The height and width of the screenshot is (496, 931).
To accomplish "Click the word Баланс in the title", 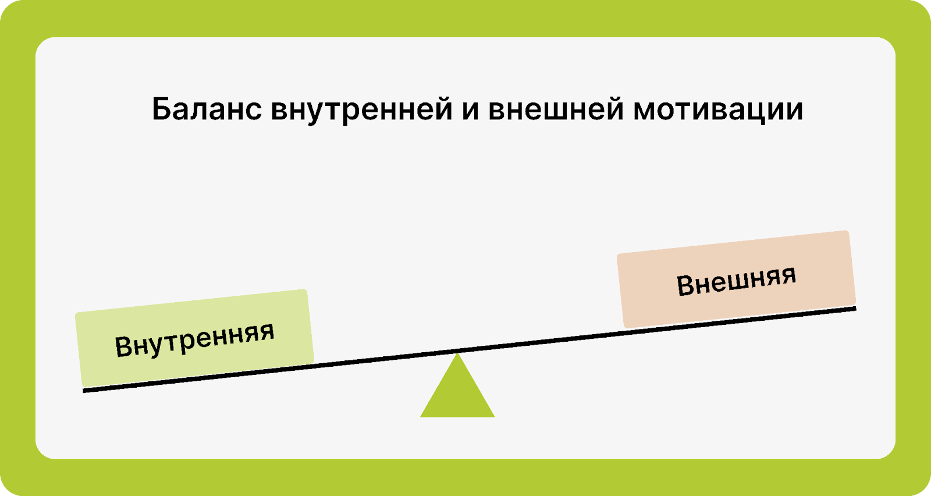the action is [x=207, y=109].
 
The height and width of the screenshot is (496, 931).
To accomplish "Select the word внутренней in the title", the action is [x=361, y=110].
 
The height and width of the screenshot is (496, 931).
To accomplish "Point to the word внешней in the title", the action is [x=556, y=109].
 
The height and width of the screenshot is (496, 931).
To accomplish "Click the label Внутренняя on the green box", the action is [x=194, y=339].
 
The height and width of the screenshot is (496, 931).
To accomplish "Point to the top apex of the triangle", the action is [x=457, y=353].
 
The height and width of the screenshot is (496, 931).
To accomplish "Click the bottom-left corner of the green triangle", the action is [x=420, y=417].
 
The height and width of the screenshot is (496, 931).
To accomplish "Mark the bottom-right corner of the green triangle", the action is [x=495, y=417].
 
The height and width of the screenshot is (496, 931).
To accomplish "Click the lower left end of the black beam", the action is [x=84, y=391].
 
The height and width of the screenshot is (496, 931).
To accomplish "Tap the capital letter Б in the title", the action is [x=161, y=109].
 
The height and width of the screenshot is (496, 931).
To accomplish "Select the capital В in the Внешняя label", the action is [x=685, y=286].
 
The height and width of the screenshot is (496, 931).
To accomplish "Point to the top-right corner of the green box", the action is [x=305, y=290].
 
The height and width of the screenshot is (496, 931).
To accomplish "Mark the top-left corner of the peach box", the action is [x=617, y=254].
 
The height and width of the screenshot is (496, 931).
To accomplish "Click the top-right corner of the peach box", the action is [x=847, y=231].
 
